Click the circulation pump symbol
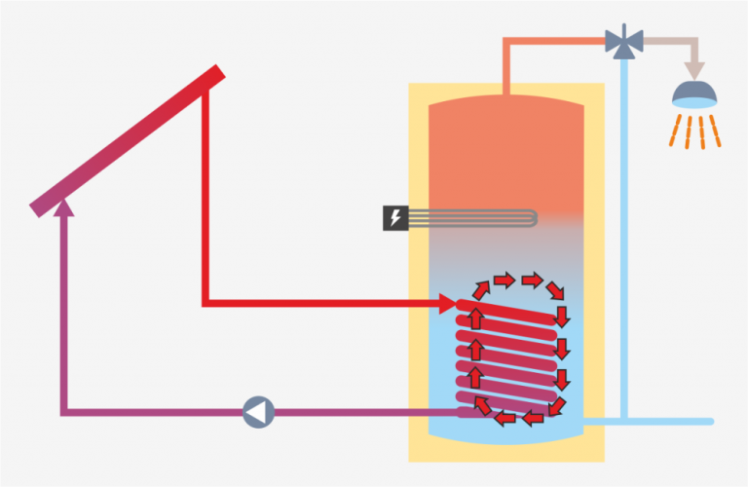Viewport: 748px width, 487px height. (258, 412)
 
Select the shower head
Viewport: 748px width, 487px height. (694, 95)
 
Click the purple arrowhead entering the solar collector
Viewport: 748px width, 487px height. (64, 206)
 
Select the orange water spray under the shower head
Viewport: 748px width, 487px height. (694, 131)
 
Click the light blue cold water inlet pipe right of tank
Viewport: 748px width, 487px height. (623, 243)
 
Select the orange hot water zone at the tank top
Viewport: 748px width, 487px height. (505, 146)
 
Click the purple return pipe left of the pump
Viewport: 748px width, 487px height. (146, 412)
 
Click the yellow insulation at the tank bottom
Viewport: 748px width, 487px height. (505, 450)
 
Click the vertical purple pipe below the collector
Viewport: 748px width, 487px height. (64, 312)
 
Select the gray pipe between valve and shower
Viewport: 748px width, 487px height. (667, 41)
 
